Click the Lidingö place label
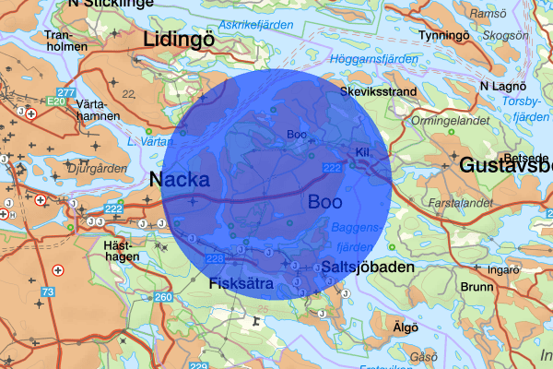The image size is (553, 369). click(177, 39)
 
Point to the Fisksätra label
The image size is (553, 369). click(241, 284)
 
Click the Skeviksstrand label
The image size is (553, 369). click(379, 93)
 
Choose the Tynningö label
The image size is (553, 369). click(445, 35)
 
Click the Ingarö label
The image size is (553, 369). click(503, 271)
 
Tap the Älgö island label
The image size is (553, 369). click(406, 327)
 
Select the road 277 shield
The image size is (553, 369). click(65, 93)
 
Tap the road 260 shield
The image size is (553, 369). click(163, 297)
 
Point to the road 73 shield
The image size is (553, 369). click(46, 292)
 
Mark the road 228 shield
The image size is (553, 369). click(217, 259)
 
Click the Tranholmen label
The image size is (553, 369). click(64, 42)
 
